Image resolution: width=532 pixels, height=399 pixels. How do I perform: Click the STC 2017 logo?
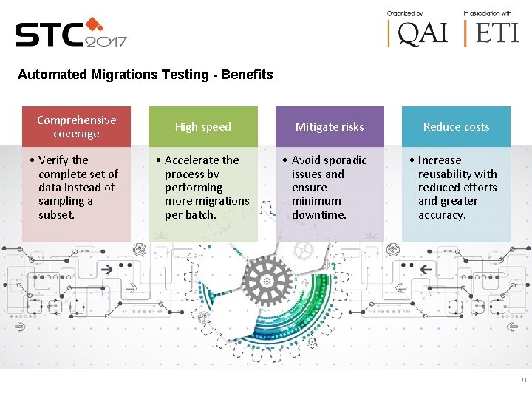(x=71, y=33)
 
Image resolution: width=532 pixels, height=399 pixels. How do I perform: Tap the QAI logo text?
(x=421, y=33)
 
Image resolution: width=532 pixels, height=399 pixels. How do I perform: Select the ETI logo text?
(x=496, y=33)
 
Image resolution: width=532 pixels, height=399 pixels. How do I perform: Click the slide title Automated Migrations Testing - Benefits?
(x=146, y=75)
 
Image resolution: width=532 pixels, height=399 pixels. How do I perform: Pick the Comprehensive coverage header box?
(x=76, y=126)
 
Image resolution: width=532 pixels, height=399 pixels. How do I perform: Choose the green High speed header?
(x=203, y=126)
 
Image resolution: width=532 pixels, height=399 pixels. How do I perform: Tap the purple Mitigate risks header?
(x=330, y=126)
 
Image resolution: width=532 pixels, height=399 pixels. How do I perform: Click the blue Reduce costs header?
(x=456, y=126)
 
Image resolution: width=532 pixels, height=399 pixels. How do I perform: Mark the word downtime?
(x=318, y=215)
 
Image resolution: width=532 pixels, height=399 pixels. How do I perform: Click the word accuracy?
(x=442, y=215)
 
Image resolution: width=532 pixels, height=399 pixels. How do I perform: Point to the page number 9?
(x=524, y=381)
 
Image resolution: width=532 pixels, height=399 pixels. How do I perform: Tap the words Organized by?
(x=406, y=13)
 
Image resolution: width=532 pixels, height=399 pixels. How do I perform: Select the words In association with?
(x=487, y=13)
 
